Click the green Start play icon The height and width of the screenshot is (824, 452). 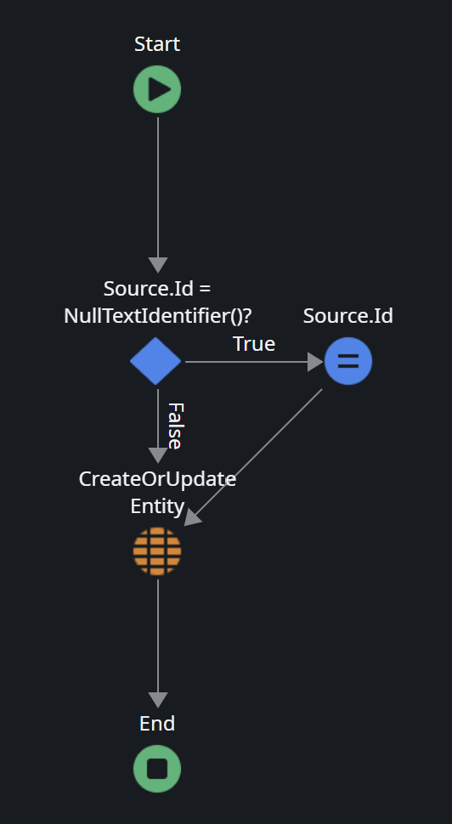coord(157,89)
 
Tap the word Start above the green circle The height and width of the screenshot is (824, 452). coord(157,44)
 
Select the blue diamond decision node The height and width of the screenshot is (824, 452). coord(155,362)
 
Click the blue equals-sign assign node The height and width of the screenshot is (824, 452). coord(348,362)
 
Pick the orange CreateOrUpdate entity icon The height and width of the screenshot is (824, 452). coord(157,551)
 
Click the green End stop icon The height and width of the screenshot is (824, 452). coord(157,769)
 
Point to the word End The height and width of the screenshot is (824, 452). coord(157,724)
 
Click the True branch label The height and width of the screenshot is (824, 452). coord(254,344)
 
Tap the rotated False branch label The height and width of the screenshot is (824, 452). coord(174,426)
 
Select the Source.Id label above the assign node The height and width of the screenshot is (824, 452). coord(348,316)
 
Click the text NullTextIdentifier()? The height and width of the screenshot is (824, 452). coord(158,316)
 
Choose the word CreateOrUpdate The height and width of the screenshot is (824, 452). coord(157,479)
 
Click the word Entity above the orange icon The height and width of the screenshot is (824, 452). coord(157,506)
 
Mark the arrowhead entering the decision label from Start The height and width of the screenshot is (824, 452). coord(158,265)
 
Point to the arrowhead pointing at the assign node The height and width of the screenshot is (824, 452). coord(315,362)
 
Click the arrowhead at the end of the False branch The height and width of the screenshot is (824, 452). coord(158,455)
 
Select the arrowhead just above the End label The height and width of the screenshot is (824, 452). coord(158,701)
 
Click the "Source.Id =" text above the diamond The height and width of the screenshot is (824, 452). coord(157,289)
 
